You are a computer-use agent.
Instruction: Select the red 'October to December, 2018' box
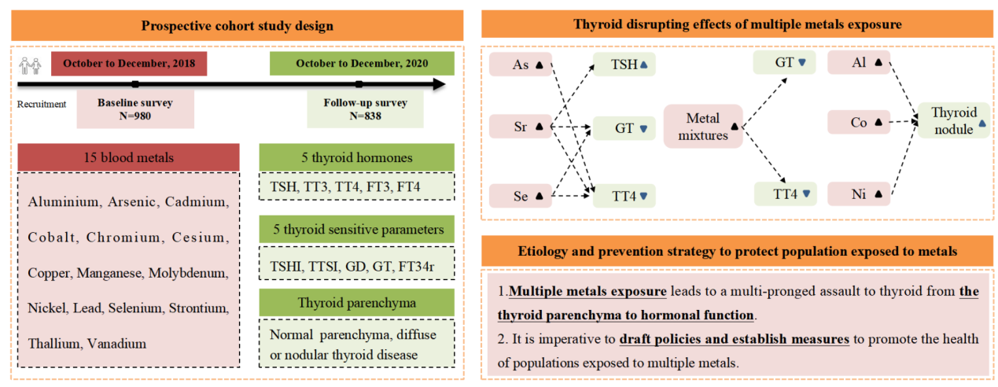point(129,64)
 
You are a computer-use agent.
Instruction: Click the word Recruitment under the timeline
point(42,103)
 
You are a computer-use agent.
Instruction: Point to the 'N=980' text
point(134,116)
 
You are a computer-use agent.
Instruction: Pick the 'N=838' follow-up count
point(364,116)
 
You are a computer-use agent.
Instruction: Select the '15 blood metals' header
point(128,157)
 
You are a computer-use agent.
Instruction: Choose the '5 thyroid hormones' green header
point(356,157)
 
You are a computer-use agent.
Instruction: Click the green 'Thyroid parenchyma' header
point(356,302)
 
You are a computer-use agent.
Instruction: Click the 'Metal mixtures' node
point(703,127)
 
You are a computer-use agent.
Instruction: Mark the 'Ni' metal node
point(860,193)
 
